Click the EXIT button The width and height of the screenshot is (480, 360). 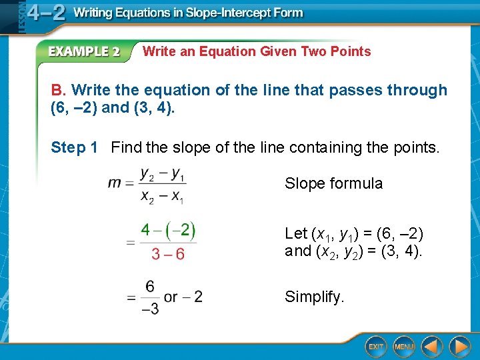[376, 346]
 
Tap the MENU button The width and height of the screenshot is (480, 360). [403, 346]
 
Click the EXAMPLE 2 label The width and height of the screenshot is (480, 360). [83, 51]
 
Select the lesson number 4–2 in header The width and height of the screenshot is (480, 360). [46, 13]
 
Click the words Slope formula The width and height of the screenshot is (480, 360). [333, 183]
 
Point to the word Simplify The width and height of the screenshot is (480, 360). [314, 297]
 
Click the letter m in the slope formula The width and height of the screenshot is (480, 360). [114, 183]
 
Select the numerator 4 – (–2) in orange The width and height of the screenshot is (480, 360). [168, 231]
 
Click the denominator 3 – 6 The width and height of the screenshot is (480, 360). [168, 254]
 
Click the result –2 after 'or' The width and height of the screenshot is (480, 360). [194, 296]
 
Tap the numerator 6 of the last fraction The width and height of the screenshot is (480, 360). [150, 286]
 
